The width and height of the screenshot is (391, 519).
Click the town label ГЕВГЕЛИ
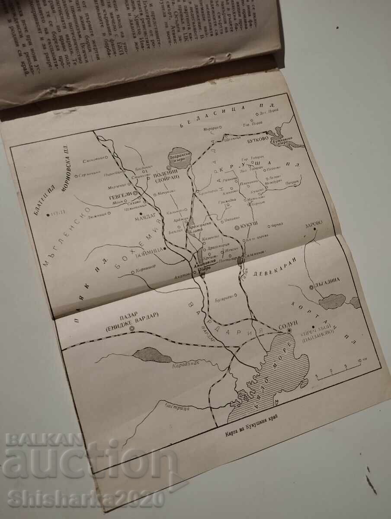(121, 195)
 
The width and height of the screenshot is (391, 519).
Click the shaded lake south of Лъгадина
(332, 301)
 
